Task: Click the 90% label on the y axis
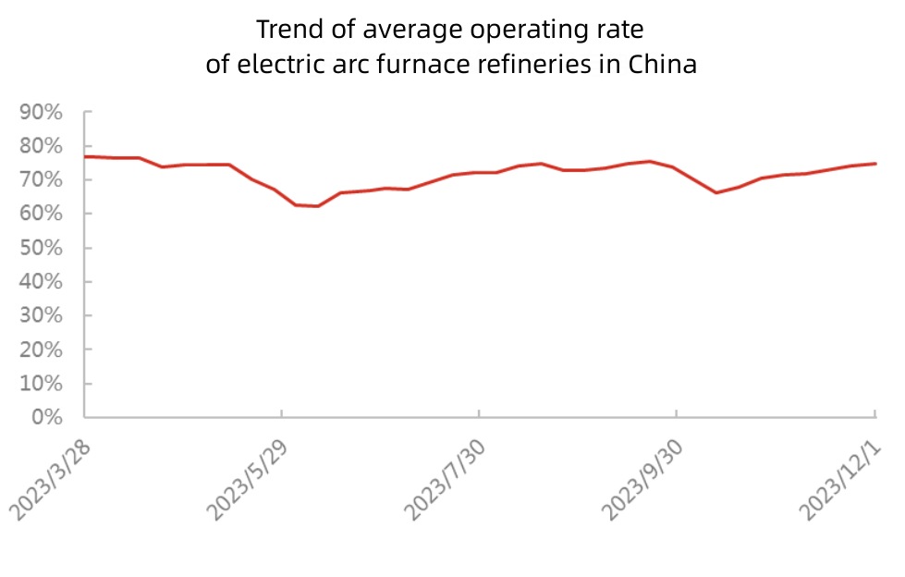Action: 41,113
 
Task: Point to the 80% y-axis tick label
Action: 41,146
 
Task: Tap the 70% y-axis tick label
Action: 41,180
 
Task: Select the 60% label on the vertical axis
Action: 41,215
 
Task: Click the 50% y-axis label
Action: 41,248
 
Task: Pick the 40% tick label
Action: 41,282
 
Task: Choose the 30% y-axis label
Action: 41,315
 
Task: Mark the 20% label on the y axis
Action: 41,350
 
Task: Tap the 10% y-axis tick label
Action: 41,384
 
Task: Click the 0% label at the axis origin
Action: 46,417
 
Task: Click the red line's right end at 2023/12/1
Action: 875,164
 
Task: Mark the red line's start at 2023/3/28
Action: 85,156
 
